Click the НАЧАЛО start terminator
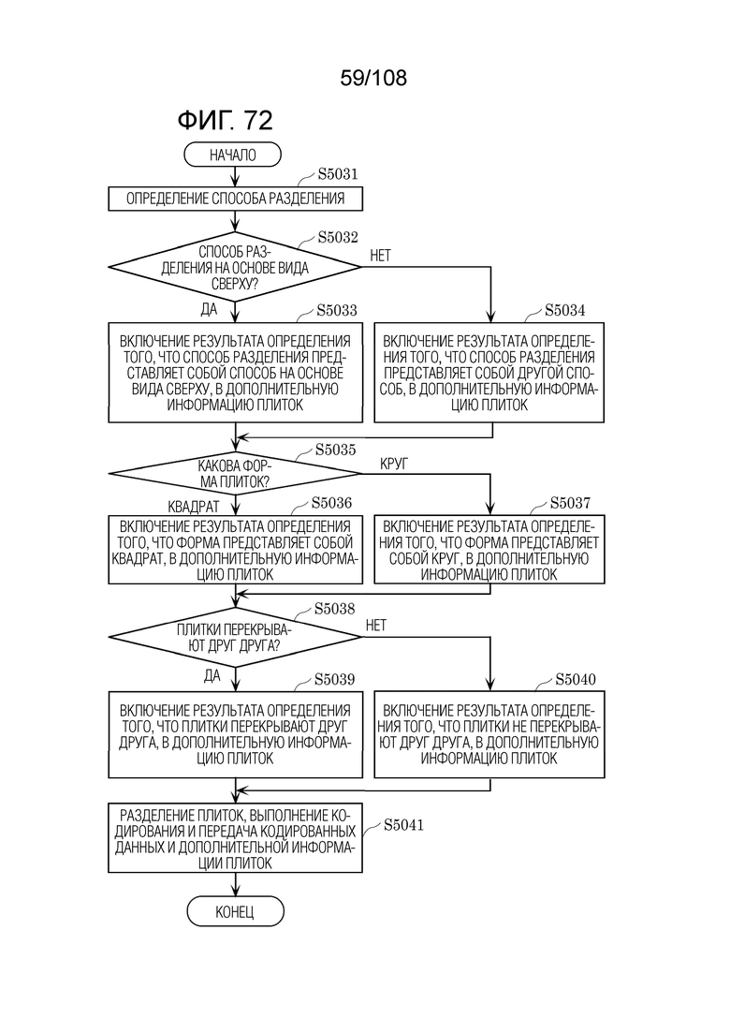232,155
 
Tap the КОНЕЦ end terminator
235,912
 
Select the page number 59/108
373,78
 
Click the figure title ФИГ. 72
225,120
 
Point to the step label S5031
338,174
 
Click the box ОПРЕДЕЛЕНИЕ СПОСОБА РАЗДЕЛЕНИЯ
235,199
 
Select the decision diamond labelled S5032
235,268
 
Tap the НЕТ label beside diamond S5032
381,256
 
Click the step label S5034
564,310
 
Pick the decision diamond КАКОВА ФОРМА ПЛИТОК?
235,473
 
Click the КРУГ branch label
394,464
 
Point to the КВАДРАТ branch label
194,507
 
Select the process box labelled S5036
235,550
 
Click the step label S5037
570,503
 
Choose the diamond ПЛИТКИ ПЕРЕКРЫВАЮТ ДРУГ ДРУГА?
235,637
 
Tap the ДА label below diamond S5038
212,676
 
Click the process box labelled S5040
489,734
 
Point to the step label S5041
403,825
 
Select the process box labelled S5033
235,372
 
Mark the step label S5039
334,679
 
